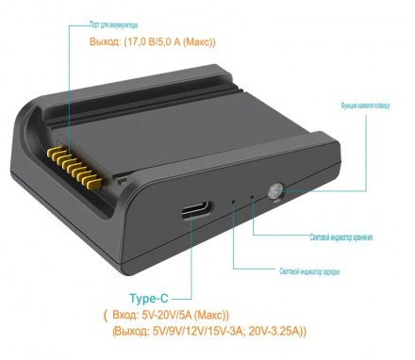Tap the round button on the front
coord(275,191)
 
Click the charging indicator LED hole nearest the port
coord(234,201)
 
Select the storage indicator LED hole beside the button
coord(253,197)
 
